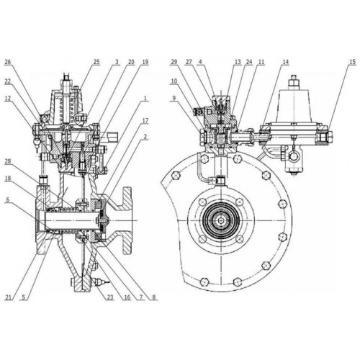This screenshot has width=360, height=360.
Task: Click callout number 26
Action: pos(8,62)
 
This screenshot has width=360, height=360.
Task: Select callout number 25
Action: pos(96,62)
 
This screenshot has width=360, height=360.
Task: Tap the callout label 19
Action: pos(145,62)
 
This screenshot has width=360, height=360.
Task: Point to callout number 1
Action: pos(145,99)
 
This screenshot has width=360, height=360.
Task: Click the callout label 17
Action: pos(145,121)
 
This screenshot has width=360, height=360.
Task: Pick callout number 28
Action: pos(8,161)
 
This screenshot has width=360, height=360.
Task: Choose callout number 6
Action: pos(8,200)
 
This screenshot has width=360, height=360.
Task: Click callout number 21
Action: pos(9,297)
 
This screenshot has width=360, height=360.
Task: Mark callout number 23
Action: pos(110,297)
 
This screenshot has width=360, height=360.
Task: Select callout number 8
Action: pos(154,297)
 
